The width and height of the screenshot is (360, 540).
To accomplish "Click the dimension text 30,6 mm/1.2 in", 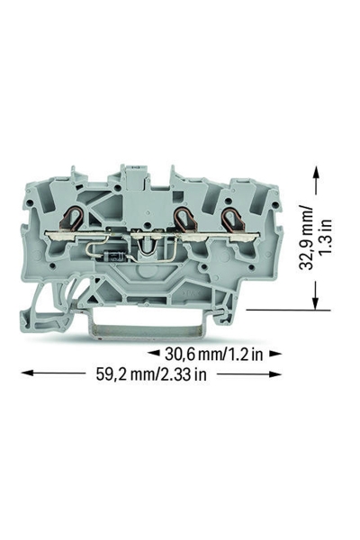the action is (213, 354).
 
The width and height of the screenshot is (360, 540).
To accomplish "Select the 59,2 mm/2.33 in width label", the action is (151, 374).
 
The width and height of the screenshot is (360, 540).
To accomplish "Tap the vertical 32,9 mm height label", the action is (306, 238).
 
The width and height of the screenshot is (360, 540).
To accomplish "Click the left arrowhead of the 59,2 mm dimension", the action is (28, 373).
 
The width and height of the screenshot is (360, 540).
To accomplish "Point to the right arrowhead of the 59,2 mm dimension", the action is (275, 373).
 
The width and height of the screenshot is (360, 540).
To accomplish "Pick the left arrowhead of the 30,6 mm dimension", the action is (154, 353).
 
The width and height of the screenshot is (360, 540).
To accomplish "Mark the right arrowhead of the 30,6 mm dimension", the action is (275, 354).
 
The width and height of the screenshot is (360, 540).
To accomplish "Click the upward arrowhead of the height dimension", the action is (315, 173).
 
